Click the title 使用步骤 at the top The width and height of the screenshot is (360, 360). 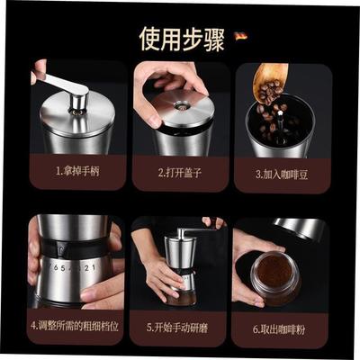[179, 38]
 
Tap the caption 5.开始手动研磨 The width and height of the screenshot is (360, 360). [179, 324]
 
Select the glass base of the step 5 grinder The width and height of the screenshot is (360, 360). [179, 284]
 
